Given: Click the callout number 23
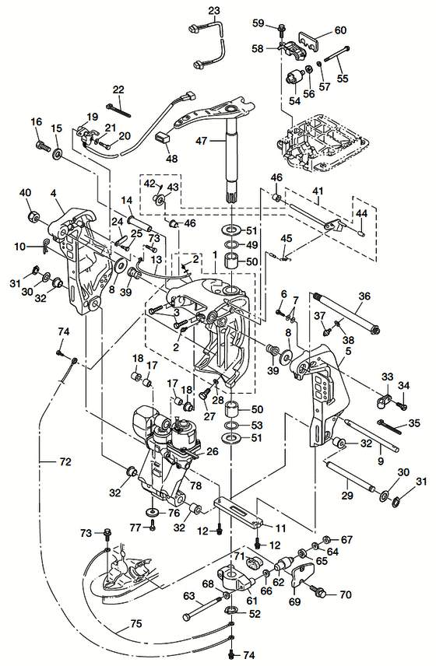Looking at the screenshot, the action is (214, 10).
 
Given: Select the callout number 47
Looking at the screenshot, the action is (202, 140).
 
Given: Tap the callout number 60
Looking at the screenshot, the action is (340, 30).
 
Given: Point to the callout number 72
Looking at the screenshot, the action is (65, 461).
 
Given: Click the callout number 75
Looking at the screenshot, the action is (135, 624).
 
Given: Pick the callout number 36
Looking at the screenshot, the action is (364, 296).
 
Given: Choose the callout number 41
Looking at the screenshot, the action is (318, 191).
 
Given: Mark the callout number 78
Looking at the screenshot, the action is (195, 485).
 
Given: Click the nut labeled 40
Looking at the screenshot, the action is (33, 216).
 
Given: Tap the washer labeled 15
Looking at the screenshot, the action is (57, 154).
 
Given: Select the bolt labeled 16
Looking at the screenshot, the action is (43, 145).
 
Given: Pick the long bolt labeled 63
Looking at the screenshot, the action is (202, 609).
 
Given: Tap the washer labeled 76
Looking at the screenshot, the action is (153, 510).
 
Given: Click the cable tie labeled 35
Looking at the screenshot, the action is (389, 427).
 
